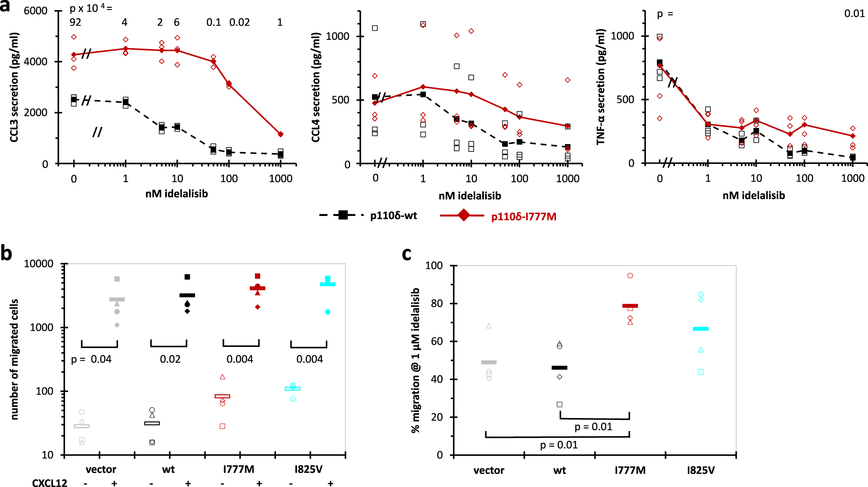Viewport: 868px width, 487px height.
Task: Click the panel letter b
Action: pos(6,253)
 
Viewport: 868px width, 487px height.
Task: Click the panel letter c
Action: pos(406,254)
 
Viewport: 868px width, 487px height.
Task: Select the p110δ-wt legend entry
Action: pos(369,216)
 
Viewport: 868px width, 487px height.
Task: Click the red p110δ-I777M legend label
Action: pos(523,216)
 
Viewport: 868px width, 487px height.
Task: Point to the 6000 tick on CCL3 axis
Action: pos(36,11)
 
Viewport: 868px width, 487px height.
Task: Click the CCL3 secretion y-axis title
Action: pos(14,87)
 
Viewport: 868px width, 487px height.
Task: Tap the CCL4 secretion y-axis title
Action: pos(316,87)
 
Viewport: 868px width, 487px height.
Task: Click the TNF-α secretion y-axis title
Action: pos(600,87)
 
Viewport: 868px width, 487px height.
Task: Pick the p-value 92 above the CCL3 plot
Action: pos(75,22)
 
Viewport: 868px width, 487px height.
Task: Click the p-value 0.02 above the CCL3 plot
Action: pos(239,22)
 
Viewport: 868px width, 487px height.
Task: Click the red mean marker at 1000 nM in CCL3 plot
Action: pos(281,134)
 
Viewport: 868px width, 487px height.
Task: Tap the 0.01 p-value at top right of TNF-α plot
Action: pos(854,13)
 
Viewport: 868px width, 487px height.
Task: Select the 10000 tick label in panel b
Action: pos(39,264)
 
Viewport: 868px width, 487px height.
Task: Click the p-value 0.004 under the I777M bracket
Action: pos(240,359)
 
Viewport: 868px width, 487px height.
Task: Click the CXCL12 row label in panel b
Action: pos(49,483)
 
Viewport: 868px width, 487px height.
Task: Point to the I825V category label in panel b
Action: pos(308,469)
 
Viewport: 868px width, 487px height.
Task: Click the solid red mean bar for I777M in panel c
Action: pos(630,306)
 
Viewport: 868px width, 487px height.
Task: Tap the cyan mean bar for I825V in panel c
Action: pos(701,329)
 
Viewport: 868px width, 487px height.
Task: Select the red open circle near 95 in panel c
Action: pos(630,276)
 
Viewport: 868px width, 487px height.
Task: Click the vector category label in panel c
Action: pos(489,470)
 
